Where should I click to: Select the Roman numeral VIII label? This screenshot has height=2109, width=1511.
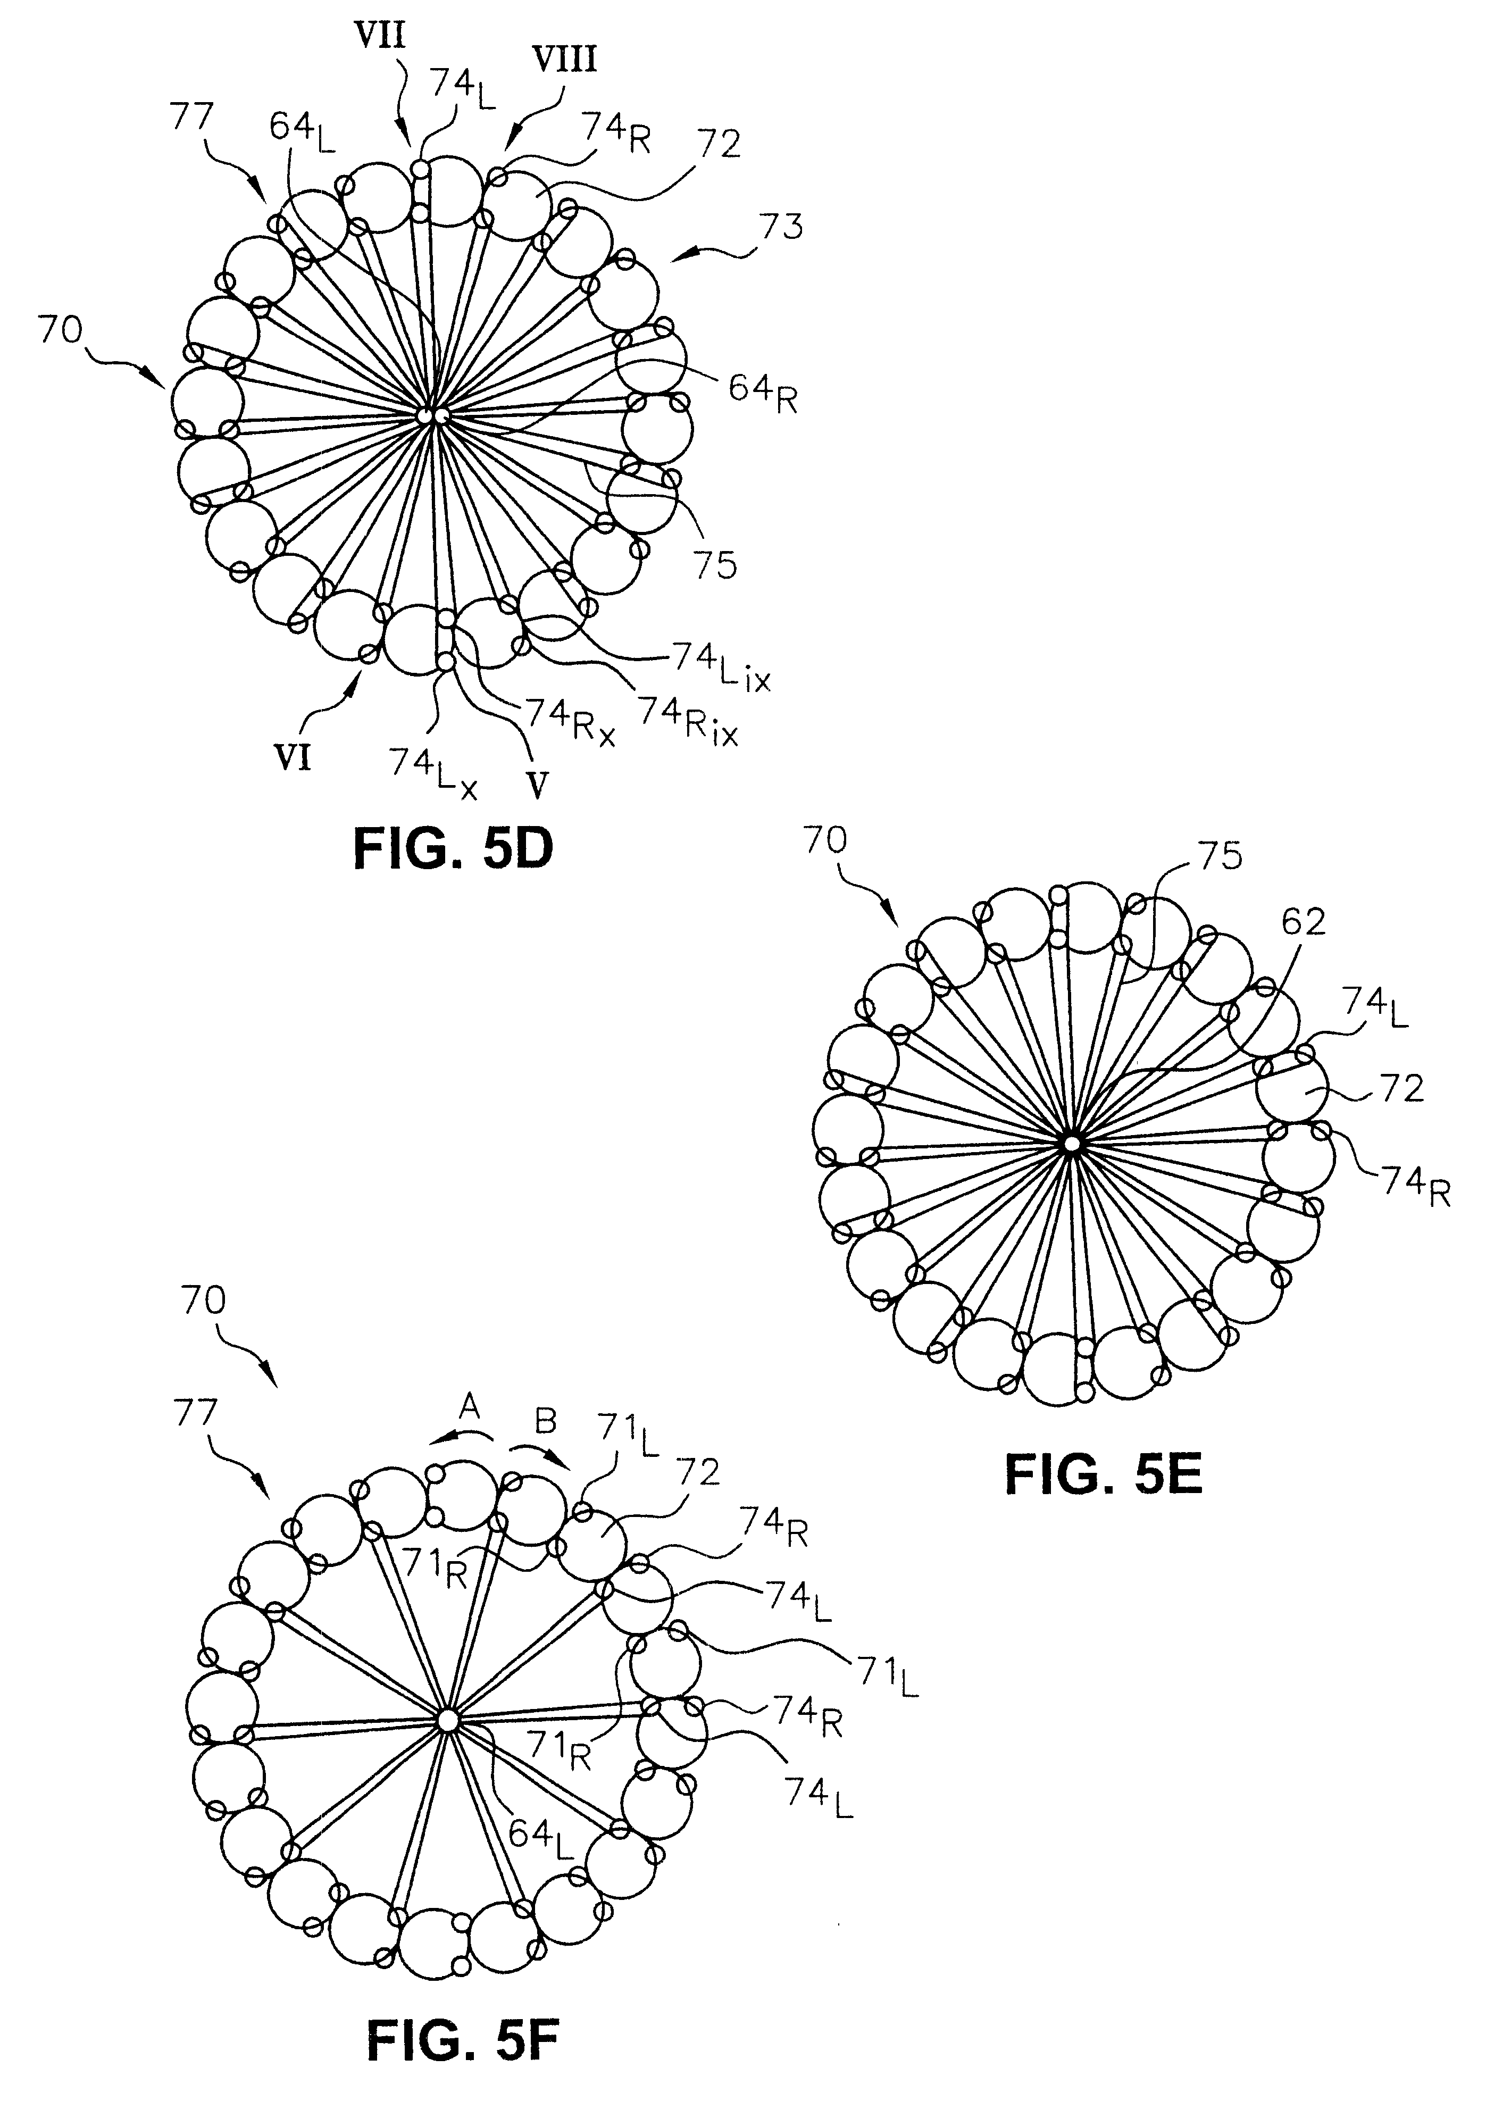tap(563, 61)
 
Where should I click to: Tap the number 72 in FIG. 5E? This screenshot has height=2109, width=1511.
tap(1400, 1089)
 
